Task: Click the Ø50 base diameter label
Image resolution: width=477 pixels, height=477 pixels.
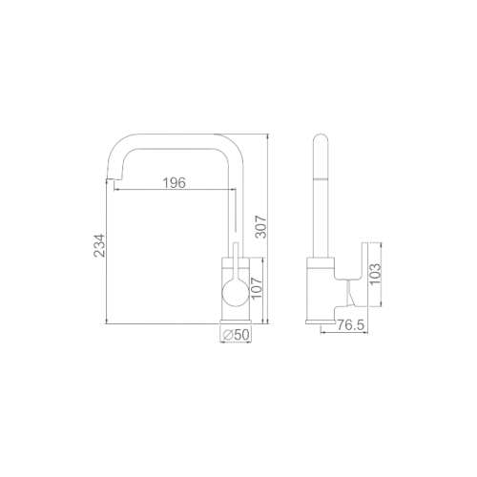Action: [236, 336]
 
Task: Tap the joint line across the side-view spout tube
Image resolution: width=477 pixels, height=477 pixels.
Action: [321, 180]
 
